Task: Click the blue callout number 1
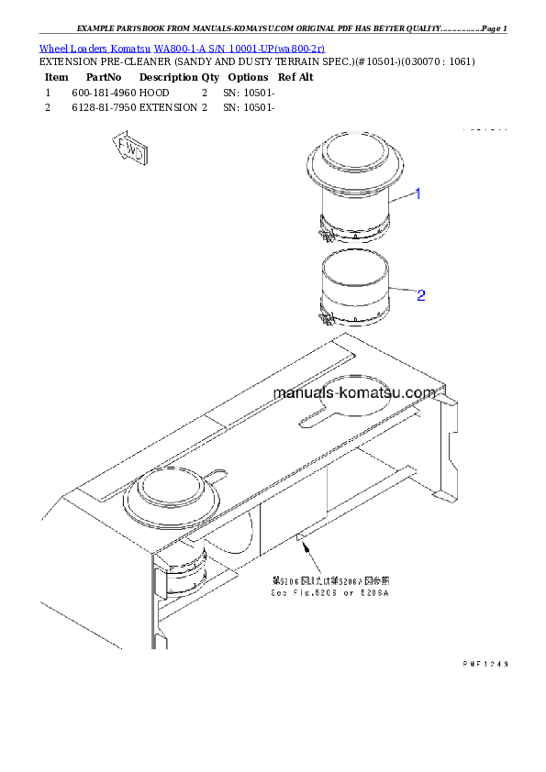pyautogui.click(x=418, y=193)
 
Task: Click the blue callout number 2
pyautogui.click(x=421, y=295)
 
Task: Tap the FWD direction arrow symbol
pyautogui.click(x=129, y=149)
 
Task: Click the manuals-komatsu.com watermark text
pyautogui.click(x=354, y=393)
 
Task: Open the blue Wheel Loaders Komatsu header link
pyautogui.click(x=182, y=48)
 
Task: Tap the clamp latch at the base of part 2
pyautogui.click(x=325, y=318)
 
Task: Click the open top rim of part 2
pyautogui.click(x=354, y=262)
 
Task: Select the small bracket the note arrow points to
pyautogui.click(x=300, y=536)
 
